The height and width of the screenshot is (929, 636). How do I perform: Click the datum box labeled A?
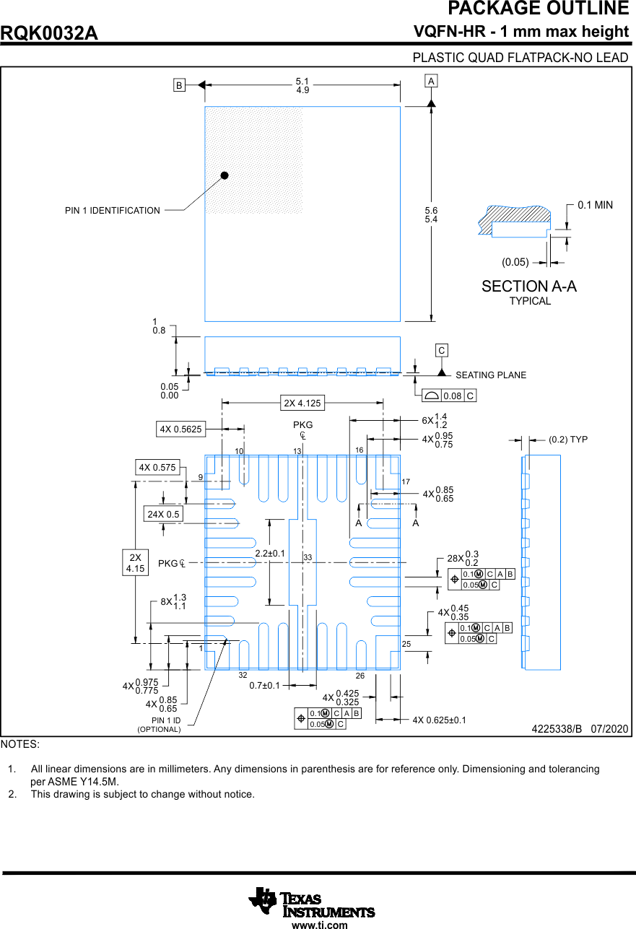(431, 81)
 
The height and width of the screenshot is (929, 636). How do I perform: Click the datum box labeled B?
(179, 85)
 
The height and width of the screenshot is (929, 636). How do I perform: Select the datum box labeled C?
(442, 351)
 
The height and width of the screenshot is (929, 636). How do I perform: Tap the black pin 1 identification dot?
(225, 175)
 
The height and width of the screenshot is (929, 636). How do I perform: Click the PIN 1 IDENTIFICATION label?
(113, 211)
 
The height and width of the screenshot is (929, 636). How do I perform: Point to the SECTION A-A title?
(529, 287)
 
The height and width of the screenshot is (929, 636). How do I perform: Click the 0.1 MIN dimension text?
(595, 205)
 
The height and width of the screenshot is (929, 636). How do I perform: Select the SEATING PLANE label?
(491, 375)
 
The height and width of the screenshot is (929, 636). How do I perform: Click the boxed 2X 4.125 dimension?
(302, 403)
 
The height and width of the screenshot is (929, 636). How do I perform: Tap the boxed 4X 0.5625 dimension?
(181, 429)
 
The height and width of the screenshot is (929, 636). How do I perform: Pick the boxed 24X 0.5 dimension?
(163, 514)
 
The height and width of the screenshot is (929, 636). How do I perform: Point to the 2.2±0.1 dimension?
(270, 554)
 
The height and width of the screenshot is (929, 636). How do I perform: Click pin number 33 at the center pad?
(308, 558)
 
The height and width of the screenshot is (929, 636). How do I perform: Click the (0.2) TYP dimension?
(568, 439)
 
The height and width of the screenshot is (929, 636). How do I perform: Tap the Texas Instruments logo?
(312, 902)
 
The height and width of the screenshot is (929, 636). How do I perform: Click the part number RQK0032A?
(50, 33)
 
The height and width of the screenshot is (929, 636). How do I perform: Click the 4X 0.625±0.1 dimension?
(440, 720)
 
